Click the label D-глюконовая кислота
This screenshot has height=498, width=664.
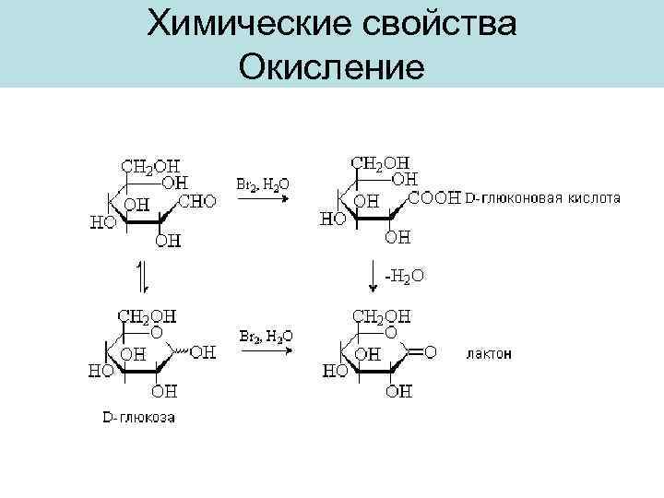coord(541,197)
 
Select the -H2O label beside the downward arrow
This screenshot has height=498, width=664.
coord(406,274)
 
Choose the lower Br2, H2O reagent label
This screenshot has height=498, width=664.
coord(266,338)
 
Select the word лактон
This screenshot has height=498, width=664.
coord(491,353)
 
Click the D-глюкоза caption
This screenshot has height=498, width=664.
coord(138,418)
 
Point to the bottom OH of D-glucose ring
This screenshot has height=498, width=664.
coord(168,391)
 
